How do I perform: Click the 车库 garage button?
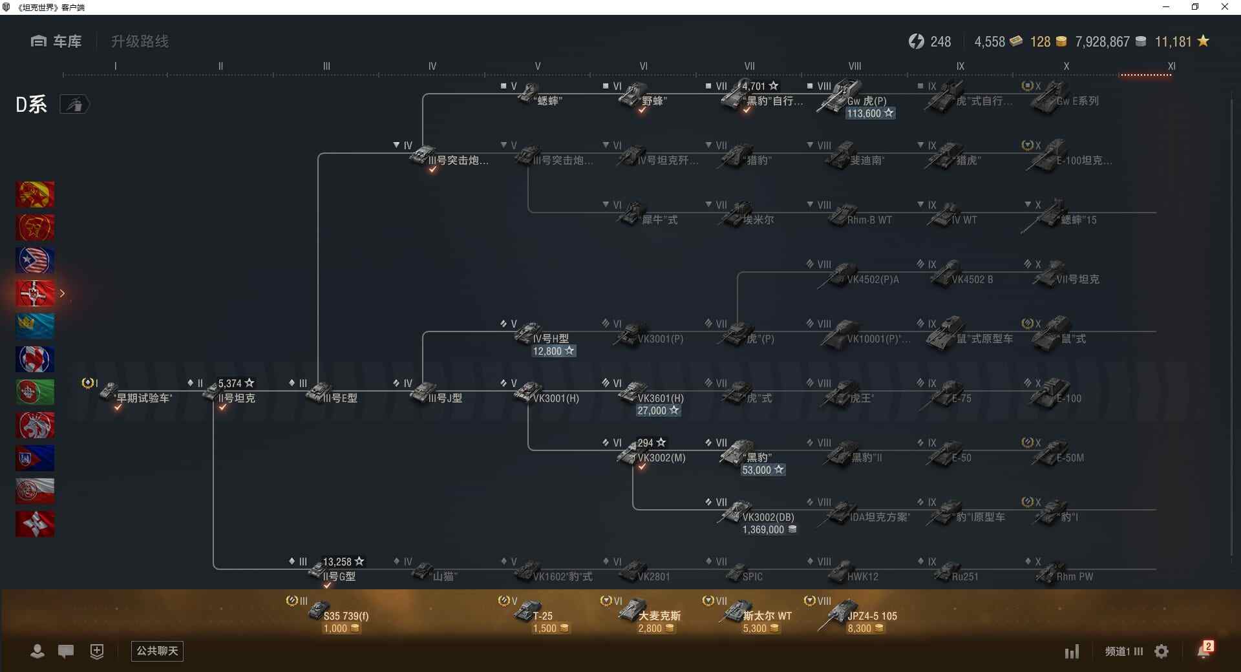tap(56, 41)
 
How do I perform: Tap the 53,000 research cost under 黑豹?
tap(763, 470)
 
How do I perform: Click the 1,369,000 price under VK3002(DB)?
tap(769, 530)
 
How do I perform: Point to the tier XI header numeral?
tap(1171, 66)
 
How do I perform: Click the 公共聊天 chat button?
tap(157, 651)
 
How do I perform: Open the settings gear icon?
tap(1161, 651)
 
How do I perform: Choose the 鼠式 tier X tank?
tap(1060, 334)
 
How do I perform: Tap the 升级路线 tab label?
tap(140, 41)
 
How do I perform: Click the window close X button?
tap(1224, 7)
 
